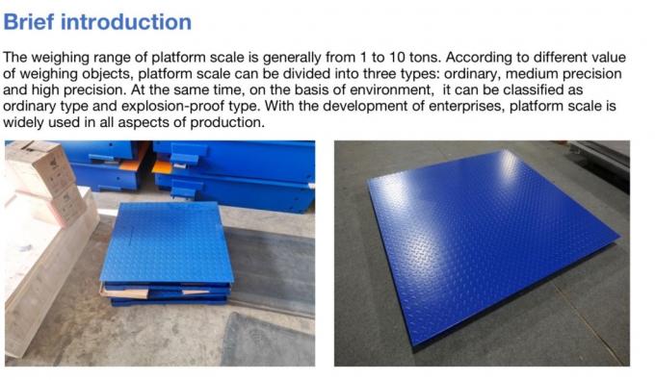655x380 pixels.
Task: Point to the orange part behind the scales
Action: tap(161, 166)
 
